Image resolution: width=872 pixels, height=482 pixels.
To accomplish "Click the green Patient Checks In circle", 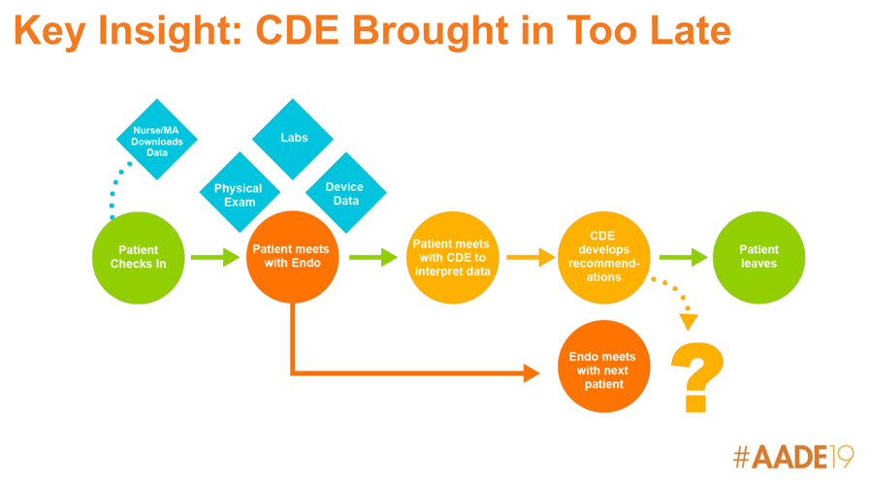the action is point(139,257).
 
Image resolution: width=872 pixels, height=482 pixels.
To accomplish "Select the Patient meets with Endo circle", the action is point(293,257).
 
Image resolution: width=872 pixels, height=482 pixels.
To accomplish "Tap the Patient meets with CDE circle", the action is point(452,257).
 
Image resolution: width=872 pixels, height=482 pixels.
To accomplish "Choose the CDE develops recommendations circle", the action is point(604,257).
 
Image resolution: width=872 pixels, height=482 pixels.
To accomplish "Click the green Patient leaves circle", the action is point(759,257).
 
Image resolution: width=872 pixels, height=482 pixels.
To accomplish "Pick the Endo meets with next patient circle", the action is point(604,367).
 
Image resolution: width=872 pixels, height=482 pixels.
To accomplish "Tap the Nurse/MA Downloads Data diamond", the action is point(157,140).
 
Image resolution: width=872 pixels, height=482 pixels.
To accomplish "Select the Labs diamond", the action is point(293,139).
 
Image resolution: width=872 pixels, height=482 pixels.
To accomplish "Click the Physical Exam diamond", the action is point(240,192).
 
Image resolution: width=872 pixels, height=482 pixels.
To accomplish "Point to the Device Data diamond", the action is point(346,192).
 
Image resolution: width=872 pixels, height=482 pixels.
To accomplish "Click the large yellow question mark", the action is point(697,377).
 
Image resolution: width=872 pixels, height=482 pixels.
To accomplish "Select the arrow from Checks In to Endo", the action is point(215,257).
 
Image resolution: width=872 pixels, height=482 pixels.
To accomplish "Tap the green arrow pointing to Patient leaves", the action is point(684,257).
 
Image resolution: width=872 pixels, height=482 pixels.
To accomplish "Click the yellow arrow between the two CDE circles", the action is point(532,257).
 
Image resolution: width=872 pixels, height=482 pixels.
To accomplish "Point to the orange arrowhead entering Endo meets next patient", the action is point(532,373).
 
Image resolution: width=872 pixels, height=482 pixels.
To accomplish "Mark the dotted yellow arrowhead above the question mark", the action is point(689,322).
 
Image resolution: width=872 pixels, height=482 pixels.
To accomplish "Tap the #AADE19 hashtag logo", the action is point(793,457).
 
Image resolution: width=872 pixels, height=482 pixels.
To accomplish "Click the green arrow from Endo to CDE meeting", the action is point(373,257).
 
